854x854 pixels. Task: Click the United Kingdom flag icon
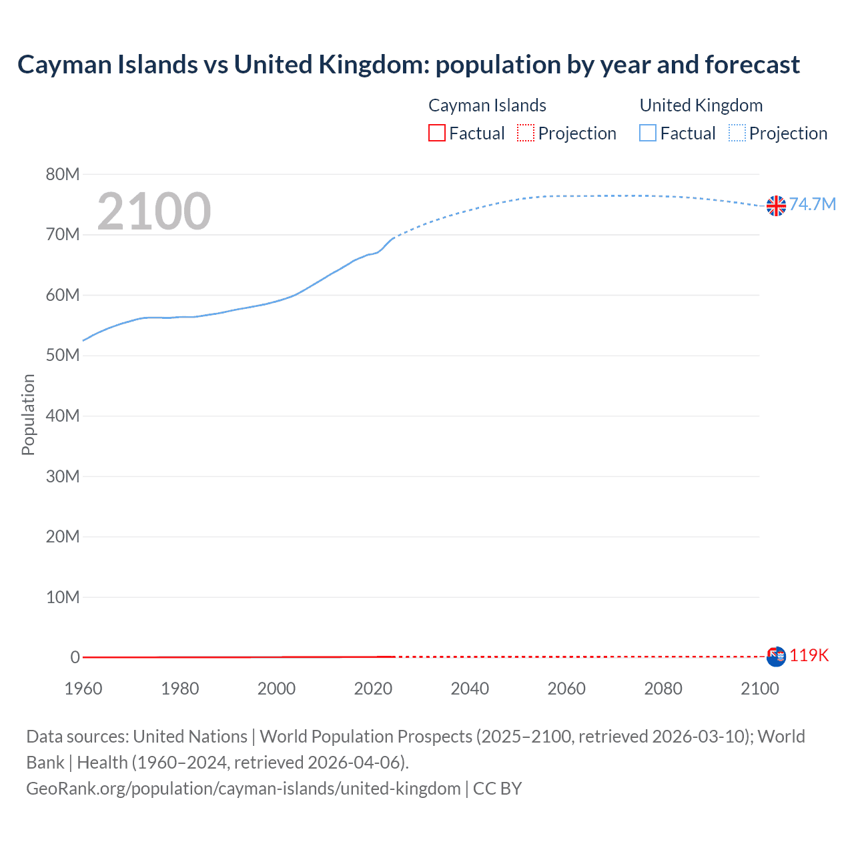776,206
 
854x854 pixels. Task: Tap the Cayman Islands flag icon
776,657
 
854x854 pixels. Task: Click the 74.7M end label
812,204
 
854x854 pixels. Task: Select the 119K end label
809,655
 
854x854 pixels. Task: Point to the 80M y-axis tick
63,175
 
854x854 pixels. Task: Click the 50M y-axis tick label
63,356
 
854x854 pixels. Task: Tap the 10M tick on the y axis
63,597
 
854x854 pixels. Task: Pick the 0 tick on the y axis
75,657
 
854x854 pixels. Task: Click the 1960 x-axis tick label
83,689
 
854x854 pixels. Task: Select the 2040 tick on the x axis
470,689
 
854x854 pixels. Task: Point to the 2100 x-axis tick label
759,689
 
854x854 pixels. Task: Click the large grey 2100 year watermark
154,211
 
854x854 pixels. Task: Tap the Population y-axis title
28,414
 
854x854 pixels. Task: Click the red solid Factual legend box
437,133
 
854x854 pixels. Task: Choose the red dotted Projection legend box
526,133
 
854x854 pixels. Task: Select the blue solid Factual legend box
648,133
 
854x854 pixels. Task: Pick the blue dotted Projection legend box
737,133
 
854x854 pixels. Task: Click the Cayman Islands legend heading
487,105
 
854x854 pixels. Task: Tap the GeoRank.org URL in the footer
244,789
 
